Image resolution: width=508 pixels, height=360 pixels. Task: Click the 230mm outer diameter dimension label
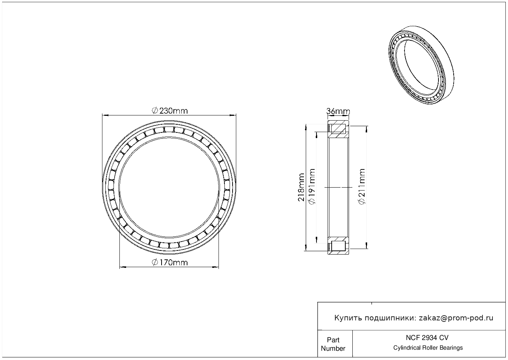tap(170, 111)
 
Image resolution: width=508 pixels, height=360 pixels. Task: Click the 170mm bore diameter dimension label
tap(170, 262)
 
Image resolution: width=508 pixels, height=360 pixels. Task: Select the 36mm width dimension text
tap(338, 111)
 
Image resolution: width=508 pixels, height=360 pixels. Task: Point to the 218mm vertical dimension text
tap(301, 187)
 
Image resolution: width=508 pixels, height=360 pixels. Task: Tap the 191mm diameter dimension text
tap(312, 186)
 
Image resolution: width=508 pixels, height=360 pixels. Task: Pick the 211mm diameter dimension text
tap(362, 186)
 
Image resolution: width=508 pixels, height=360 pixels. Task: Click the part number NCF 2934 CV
tap(427, 338)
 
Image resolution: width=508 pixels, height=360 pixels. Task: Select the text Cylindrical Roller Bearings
tap(428, 348)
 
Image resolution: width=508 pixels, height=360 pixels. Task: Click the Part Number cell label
tap(333, 344)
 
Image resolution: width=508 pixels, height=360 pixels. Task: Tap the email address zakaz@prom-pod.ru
tap(456, 318)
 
